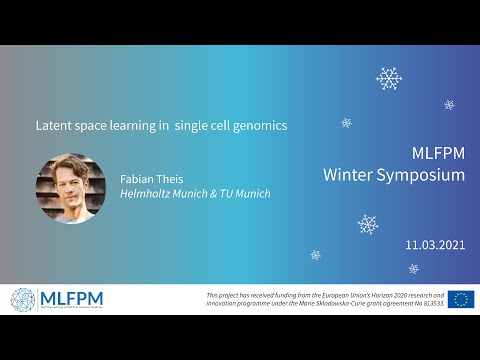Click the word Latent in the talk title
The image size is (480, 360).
click(x=53, y=126)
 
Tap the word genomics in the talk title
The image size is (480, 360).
click(x=257, y=126)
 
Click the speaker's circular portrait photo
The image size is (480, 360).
click(x=70, y=188)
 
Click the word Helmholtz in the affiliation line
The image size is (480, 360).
click(x=148, y=194)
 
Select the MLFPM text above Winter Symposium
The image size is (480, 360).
click(x=438, y=155)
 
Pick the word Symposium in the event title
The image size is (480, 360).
click(x=421, y=175)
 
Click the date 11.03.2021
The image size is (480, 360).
click(x=435, y=244)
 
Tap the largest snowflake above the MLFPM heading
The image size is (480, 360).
click(x=389, y=78)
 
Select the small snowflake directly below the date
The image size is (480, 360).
click(x=414, y=268)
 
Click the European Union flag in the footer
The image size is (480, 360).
click(x=461, y=299)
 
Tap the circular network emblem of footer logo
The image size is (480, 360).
click(x=22, y=299)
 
